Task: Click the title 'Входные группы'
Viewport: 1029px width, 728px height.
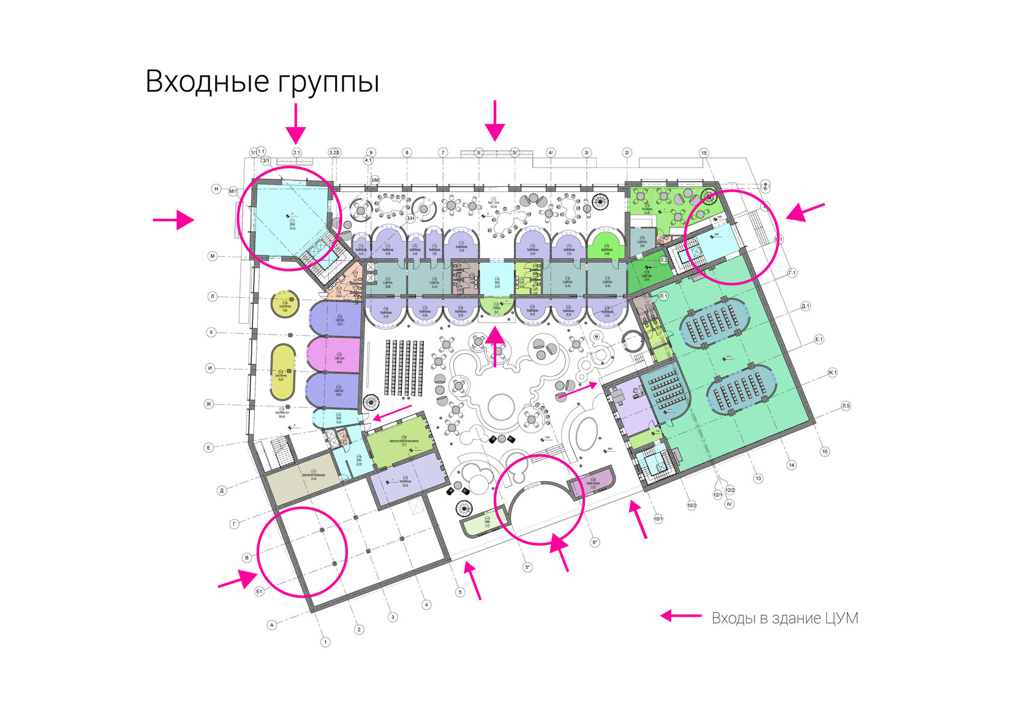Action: click(x=262, y=82)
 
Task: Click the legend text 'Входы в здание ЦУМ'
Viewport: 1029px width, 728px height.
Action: click(x=785, y=618)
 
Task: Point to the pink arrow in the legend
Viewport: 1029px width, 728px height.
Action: click(x=680, y=616)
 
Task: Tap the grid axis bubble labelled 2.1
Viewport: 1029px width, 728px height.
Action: click(x=296, y=152)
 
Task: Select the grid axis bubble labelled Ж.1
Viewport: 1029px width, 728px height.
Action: click(x=832, y=372)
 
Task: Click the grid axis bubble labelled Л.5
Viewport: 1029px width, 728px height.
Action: click(x=846, y=406)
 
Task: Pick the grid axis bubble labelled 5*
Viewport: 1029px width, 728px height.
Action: click(x=527, y=567)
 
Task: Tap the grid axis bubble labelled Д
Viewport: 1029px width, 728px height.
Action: click(x=222, y=490)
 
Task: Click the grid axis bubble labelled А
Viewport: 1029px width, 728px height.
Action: click(x=272, y=625)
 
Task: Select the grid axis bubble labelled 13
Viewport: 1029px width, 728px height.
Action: click(x=758, y=479)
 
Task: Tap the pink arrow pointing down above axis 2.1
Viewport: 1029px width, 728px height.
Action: click(x=296, y=123)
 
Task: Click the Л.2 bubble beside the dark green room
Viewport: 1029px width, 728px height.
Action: click(x=663, y=260)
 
